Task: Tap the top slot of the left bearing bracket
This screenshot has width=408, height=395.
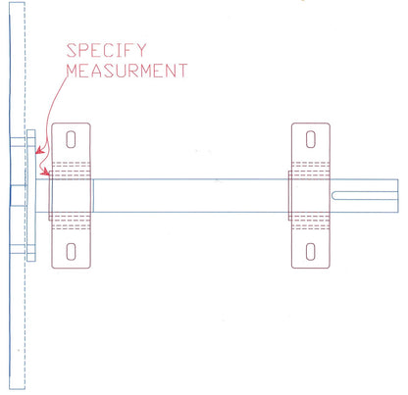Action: coord(71,138)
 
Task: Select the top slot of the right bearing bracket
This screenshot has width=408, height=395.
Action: coord(311,138)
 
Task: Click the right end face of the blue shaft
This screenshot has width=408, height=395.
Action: coord(398,194)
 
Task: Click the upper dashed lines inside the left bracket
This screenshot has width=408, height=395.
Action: coord(71,167)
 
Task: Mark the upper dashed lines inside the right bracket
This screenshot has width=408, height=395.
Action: coord(311,167)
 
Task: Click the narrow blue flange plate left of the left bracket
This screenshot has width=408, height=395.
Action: coord(31,196)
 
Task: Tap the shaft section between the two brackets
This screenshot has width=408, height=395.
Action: coord(191,194)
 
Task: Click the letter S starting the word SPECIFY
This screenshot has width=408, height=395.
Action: coord(72,50)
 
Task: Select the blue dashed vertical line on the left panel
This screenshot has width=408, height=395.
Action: coord(20,294)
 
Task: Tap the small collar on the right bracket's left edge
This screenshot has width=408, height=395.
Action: coord(289,194)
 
